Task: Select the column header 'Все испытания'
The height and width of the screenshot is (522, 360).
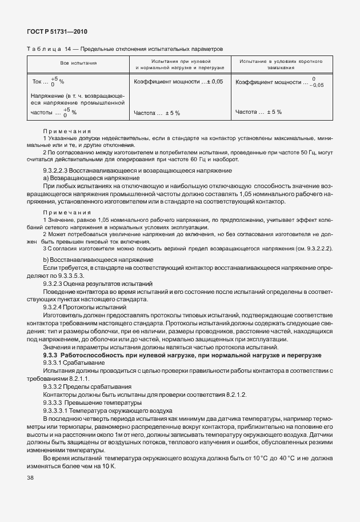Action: tap(79, 63)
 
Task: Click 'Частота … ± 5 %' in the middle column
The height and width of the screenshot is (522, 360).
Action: tap(157, 113)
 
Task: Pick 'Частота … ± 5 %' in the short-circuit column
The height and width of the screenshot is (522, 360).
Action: tap(258, 112)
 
